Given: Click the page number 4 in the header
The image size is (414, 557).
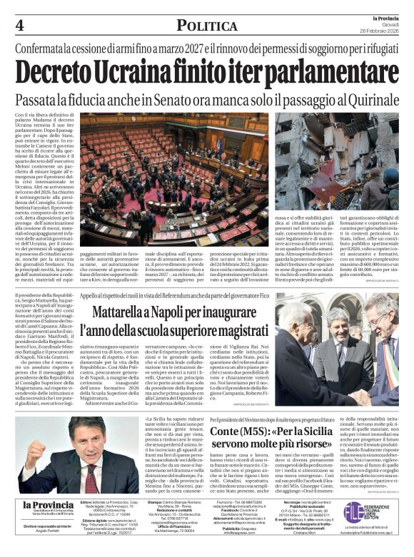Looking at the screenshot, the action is [x=19, y=25].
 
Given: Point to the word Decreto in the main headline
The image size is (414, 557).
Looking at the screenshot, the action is [x=61, y=71].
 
